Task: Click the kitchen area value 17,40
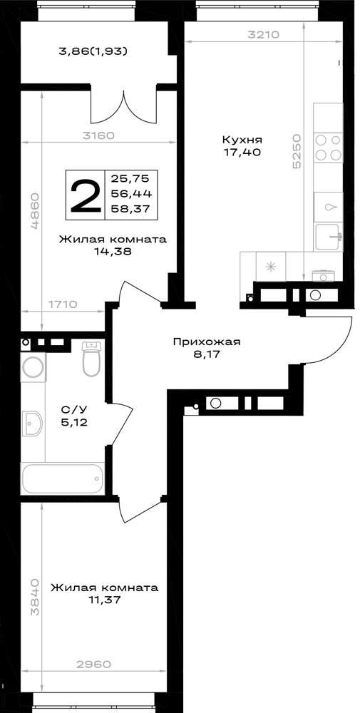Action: (242, 153)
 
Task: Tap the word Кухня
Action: (242, 140)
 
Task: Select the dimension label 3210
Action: (263, 34)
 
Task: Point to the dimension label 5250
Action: (297, 151)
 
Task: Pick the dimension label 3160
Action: (98, 135)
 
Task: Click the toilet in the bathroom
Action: (92, 359)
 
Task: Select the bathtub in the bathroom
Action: (63, 478)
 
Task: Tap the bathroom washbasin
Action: (32, 424)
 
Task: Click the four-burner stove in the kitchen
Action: (328, 148)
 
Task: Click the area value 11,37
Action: (105, 600)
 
